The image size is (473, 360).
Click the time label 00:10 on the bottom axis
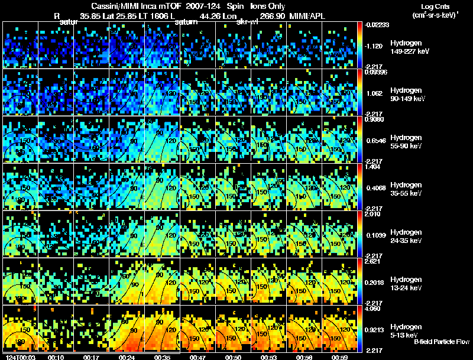[56, 357]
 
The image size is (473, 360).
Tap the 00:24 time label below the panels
[126, 357]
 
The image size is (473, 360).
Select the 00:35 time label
[161, 357]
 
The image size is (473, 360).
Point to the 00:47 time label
[197, 357]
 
